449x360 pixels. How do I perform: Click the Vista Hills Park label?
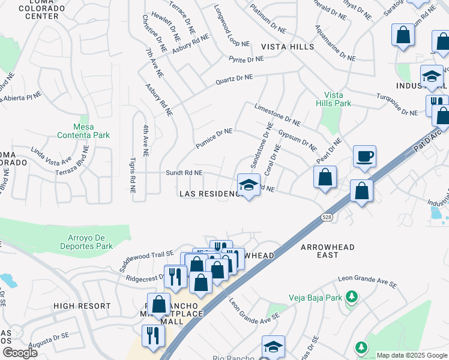coord(337,99)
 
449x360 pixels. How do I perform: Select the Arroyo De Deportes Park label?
coord(86,242)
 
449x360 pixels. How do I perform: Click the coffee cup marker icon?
coord(364,157)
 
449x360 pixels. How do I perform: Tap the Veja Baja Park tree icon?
coord(352,296)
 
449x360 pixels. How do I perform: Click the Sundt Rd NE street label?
coord(184,173)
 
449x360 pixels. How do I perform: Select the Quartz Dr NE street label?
coord(235,79)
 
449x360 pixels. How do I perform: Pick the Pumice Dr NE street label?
coord(214,139)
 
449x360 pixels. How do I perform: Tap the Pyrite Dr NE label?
coord(246,59)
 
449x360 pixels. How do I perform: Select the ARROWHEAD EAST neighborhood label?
coord(327,251)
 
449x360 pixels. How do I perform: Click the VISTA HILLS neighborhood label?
coord(287,47)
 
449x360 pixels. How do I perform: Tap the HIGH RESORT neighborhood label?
coord(82,306)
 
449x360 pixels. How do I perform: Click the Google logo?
coord(19,352)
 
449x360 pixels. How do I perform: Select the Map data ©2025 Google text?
coord(411,355)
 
